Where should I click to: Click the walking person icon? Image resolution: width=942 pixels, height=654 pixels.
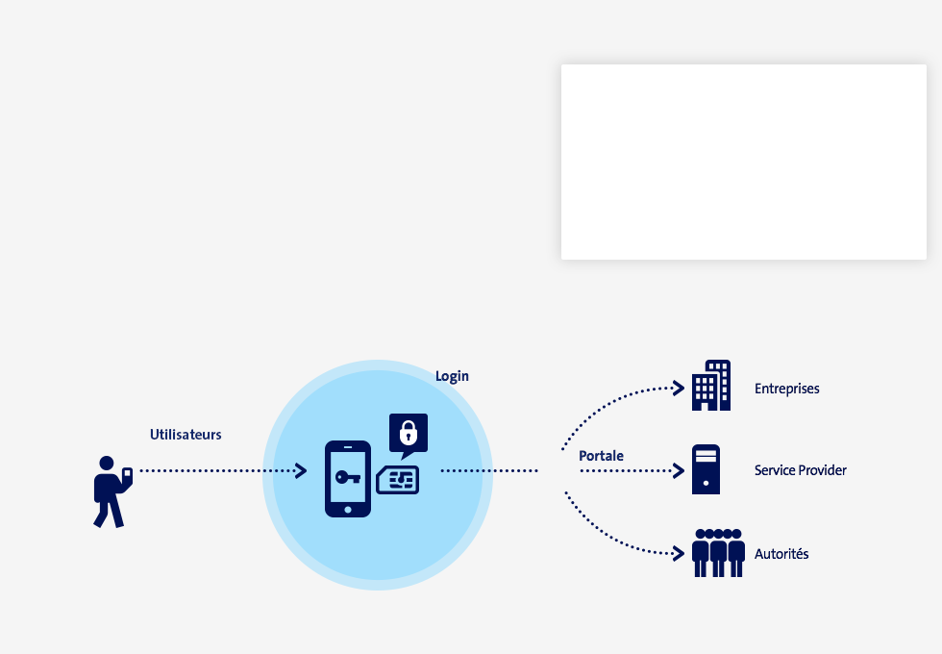(112, 491)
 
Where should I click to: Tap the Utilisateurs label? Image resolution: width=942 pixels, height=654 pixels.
(186, 435)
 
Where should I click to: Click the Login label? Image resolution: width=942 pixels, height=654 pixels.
(452, 376)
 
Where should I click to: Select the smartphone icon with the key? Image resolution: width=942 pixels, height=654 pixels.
(348, 479)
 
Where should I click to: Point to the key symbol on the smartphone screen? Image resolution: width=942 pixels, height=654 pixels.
(348, 477)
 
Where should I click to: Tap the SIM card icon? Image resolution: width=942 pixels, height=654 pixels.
(398, 480)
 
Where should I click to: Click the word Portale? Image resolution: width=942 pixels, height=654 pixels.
(601, 456)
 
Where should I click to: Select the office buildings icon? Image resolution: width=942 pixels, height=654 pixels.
(711, 386)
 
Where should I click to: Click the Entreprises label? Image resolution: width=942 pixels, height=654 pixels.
(787, 389)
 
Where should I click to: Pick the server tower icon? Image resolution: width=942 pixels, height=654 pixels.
(706, 469)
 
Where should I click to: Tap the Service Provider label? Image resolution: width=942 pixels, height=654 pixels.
(800, 470)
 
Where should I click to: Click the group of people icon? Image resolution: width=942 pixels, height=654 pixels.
(719, 553)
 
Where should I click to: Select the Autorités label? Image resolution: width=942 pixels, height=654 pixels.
(781, 554)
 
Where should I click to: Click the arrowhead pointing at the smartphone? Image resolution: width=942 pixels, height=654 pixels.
(301, 470)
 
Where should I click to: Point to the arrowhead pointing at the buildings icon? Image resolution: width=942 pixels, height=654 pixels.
(679, 389)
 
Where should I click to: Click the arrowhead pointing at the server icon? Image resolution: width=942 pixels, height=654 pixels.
(679, 470)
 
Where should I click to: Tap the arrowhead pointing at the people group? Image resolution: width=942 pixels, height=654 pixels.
(679, 554)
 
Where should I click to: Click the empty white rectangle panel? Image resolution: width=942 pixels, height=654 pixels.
(744, 163)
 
